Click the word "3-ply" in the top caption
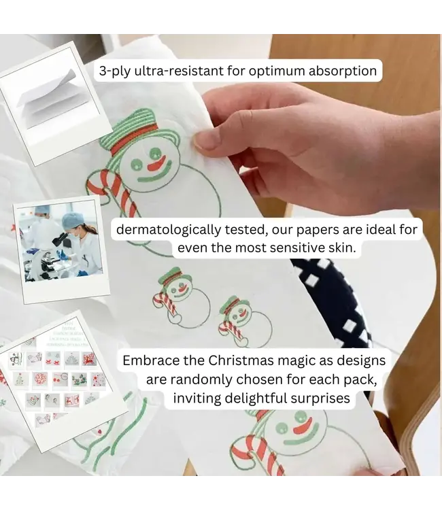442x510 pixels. pos(116,71)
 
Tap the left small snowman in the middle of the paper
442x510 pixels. pos(173,292)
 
